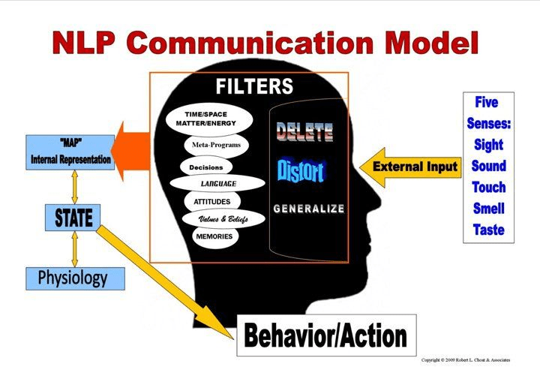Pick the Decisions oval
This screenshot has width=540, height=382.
coord(206,167)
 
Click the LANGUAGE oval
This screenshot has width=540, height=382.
coord(217,183)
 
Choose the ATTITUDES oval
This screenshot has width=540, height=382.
coord(212,201)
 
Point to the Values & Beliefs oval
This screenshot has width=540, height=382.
coord(223,219)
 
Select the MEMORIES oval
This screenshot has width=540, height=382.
coord(214,236)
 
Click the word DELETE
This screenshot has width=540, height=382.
coord(304,134)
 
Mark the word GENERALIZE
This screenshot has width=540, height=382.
coord(308,208)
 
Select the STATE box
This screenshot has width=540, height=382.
coord(73,218)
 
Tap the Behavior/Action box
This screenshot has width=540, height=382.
coord(326,335)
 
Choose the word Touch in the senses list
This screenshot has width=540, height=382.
coord(488,187)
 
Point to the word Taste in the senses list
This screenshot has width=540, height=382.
coord(488,230)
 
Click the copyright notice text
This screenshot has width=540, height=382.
coord(466,360)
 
